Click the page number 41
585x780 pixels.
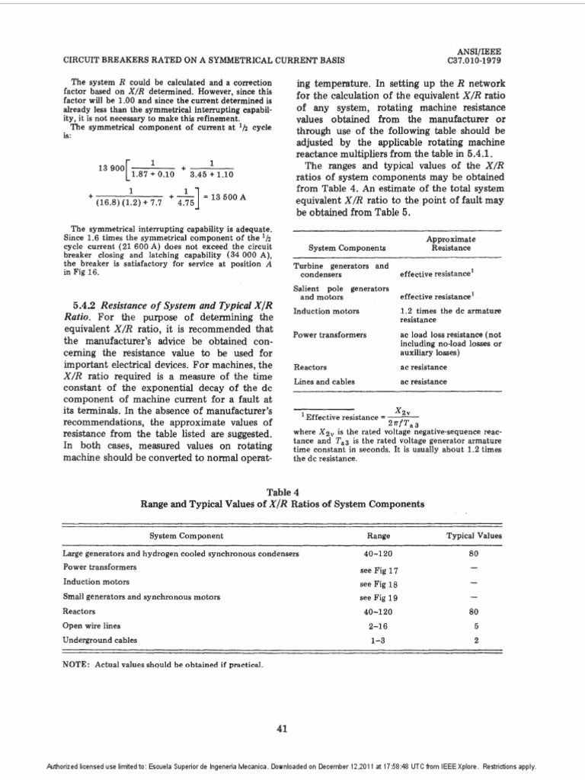tap(282, 729)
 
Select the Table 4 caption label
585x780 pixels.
tap(283, 492)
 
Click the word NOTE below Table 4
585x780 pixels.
tap(76, 665)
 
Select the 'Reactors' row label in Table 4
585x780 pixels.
tap(78, 612)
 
